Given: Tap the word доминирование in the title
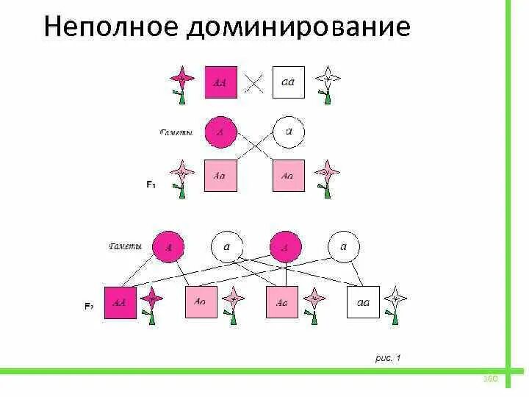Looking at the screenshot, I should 298,27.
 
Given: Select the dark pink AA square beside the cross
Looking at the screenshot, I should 220,82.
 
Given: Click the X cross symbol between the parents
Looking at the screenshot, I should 254,82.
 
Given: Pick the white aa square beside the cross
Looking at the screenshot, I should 288,82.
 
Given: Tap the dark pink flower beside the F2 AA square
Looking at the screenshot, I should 151,300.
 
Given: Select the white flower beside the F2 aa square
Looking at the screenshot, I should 396,300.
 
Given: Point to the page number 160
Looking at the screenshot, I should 491,379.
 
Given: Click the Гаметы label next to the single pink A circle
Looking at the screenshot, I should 176,133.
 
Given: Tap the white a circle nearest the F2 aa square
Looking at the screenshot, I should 343,248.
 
